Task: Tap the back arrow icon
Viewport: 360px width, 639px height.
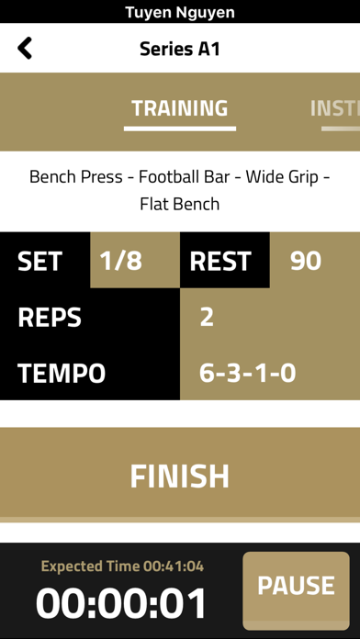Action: (25, 48)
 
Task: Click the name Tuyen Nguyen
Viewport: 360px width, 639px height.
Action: (180, 12)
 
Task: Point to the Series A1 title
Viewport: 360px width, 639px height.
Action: (180, 48)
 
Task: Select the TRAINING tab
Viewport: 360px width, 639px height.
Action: (180, 108)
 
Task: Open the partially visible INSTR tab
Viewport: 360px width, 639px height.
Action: (334, 108)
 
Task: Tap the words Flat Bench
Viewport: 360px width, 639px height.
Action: (180, 204)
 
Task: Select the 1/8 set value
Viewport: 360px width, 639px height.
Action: (121, 261)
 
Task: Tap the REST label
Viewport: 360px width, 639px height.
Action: (220, 261)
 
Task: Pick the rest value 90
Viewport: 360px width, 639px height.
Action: (306, 261)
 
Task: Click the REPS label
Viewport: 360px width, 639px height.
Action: (50, 318)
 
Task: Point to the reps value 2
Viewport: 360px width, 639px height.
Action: (207, 318)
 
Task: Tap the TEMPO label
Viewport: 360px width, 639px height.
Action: (62, 374)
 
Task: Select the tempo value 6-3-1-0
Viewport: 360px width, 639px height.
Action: (247, 374)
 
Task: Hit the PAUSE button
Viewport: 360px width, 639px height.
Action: (296, 585)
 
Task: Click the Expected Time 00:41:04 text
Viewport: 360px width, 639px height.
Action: (122, 566)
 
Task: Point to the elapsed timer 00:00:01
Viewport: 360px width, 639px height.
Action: (122, 603)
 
